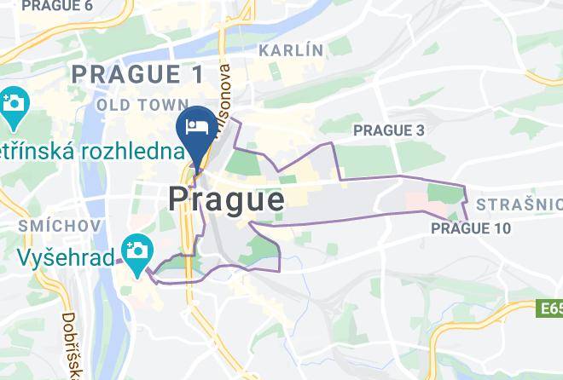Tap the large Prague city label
point(226,199)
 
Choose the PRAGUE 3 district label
point(388,130)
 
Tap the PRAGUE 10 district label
point(471,228)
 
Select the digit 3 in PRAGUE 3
point(419,130)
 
